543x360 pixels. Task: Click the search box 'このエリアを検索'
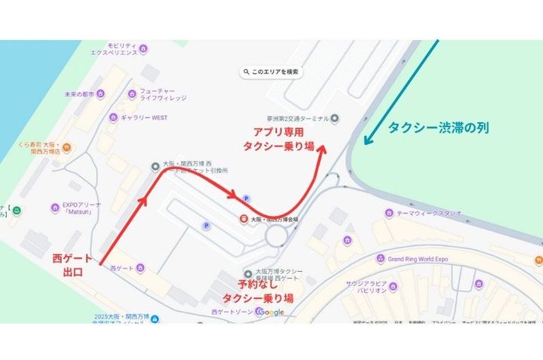(x=271, y=72)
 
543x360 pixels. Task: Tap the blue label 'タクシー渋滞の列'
(x=438, y=128)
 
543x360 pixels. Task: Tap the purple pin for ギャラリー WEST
(x=114, y=117)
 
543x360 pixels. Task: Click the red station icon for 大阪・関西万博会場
(x=244, y=219)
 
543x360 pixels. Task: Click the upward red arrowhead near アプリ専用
(x=323, y=148)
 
